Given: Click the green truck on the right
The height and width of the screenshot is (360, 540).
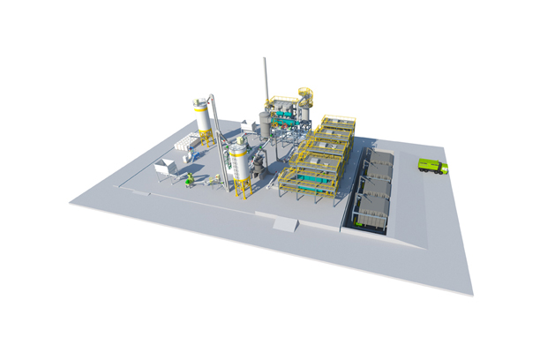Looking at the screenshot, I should tap(432, 166).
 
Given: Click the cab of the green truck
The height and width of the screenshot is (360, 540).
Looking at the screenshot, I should tap(443, 168).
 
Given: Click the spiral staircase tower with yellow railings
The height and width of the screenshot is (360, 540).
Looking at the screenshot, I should tap(306, 101).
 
